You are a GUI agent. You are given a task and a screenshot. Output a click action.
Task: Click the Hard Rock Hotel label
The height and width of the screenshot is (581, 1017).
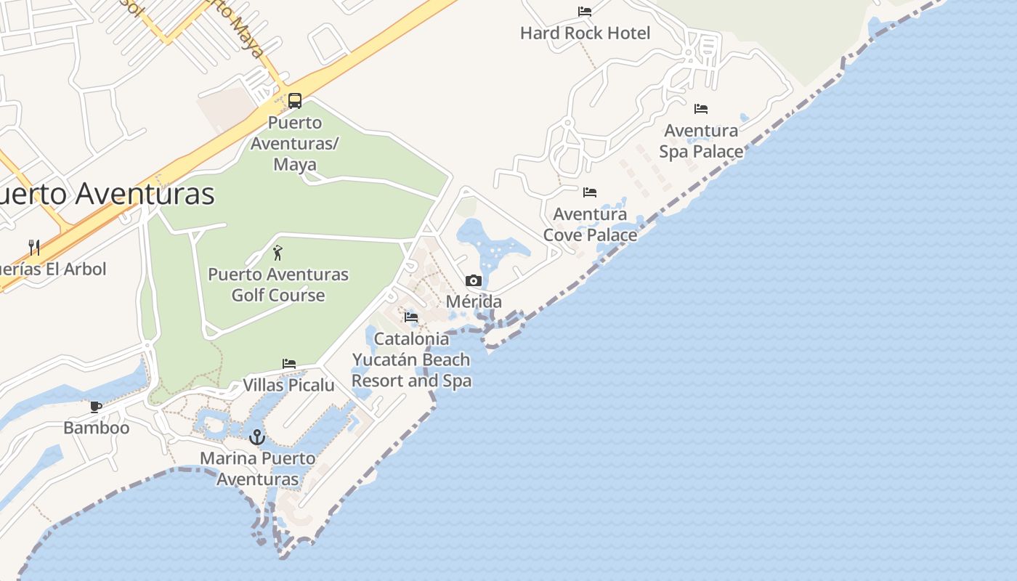click(x=585, y=33)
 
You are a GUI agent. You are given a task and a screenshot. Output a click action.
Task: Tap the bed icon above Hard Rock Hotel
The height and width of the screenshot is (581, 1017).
click(x=585, y=12)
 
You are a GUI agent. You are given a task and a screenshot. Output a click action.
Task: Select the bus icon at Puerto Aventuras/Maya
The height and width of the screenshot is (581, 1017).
click(x=295, y=101)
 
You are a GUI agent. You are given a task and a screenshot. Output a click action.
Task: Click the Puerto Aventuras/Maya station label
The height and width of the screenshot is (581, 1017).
click(x=295, y=143)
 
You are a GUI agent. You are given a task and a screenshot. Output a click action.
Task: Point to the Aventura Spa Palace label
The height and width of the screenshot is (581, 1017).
click(x=701, y=141)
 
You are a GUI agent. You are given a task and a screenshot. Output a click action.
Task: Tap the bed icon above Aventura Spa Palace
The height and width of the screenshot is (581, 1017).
click(x=701, y=109)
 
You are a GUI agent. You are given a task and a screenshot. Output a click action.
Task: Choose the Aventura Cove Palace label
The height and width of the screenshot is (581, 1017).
click(x=590, y=224)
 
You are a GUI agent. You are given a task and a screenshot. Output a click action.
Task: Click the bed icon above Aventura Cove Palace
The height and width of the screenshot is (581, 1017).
click(x=590, y=192)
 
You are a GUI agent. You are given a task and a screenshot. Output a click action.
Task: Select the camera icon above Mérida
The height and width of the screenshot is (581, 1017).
click(x=474, y=280)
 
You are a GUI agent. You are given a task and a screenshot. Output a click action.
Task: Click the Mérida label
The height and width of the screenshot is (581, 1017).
click(x=474, y=301)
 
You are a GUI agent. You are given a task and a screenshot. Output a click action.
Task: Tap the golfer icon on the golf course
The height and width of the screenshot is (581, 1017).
click(x=277, y=253)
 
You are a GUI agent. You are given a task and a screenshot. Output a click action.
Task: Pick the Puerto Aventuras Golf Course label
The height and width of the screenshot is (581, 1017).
click(x=278, y=285)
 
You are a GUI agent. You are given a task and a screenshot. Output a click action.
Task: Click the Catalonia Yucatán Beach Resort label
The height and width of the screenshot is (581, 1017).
click(x=411, y=359)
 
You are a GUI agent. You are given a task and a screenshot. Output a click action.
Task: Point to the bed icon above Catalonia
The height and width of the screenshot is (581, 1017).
click(x=411, y=317)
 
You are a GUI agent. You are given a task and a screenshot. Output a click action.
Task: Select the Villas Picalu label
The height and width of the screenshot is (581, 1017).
click(x=288, y=385)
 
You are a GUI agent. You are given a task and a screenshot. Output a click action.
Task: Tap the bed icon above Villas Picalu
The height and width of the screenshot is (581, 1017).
click(x=289, y=364)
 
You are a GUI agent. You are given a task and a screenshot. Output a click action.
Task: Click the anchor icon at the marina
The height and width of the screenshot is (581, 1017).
click(x=256, y=437)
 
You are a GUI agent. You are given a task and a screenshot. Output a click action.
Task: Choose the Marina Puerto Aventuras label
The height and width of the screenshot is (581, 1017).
click(x=258, y=468)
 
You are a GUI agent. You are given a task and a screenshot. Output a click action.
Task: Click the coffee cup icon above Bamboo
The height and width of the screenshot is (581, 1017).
click(x=96, y=407)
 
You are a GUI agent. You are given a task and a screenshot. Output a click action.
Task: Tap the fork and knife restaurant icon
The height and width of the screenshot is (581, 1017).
click(x=33, y=247)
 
